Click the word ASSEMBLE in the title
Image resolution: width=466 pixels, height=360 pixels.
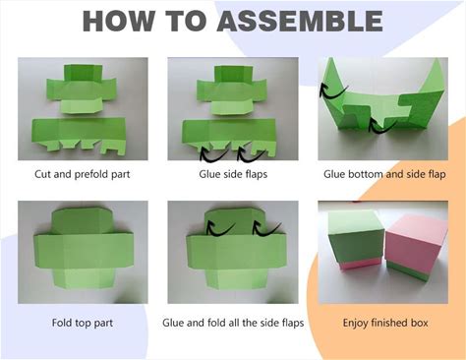point(300,21)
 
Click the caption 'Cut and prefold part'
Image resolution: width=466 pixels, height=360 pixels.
point(83,174)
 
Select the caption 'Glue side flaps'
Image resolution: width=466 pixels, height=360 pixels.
point(233,174)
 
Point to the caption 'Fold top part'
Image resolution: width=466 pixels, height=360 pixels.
point(83,323)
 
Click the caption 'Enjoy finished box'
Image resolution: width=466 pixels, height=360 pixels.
point(385,323)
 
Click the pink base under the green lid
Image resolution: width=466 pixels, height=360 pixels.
point(359,264)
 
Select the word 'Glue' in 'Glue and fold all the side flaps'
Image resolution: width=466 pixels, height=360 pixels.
point(173,323)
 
